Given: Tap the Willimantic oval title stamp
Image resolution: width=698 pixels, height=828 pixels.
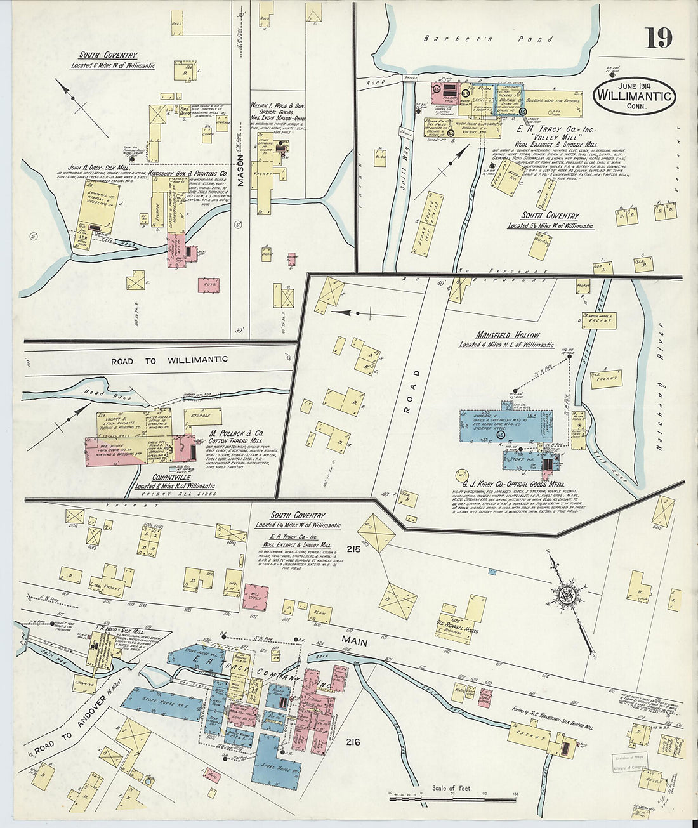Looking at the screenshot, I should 633,96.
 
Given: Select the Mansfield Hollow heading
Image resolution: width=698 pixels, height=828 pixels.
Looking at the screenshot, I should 508,335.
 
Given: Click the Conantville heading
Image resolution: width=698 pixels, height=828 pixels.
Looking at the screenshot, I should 175,477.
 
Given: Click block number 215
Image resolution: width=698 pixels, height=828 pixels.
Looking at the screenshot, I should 353,549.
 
